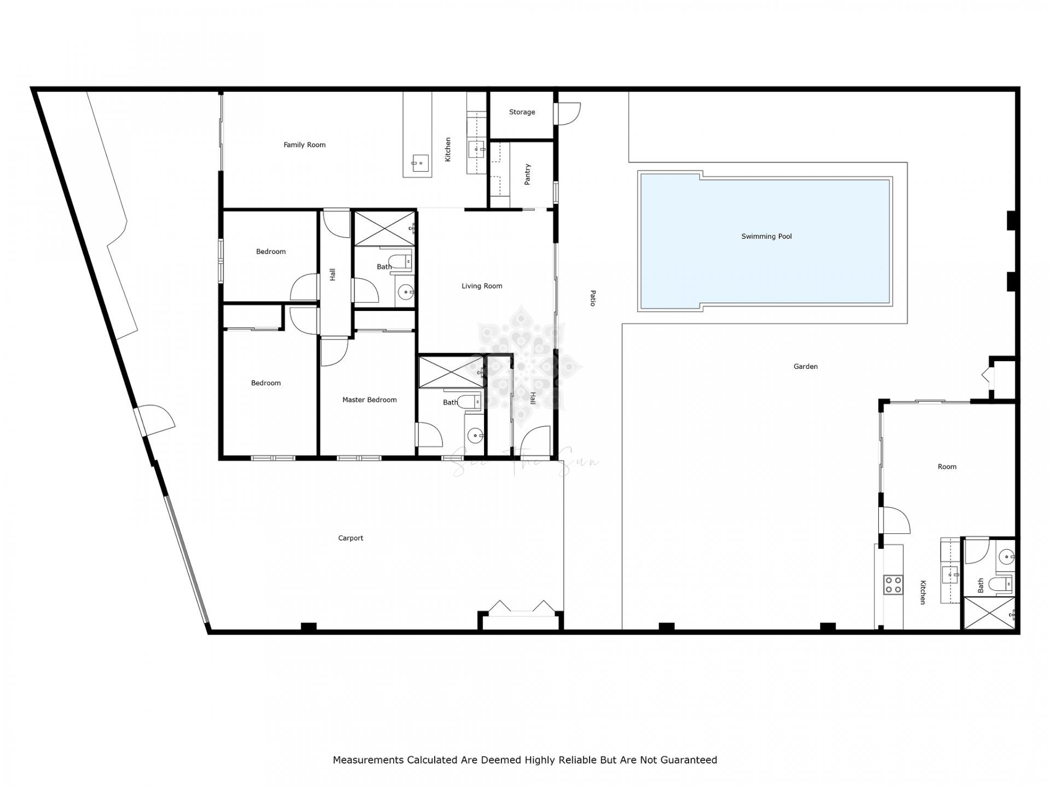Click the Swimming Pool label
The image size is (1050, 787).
tap(766, 237)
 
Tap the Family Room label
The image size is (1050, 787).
tap(305, 145)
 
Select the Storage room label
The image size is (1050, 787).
tap(522, 112)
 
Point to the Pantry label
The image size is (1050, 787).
tap(528, 174)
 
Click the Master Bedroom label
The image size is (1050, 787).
tap(370, 400)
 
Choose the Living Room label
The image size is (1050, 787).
tap(482, 286)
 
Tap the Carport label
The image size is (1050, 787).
tap(351, 538)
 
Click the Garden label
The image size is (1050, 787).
tap(806, 367)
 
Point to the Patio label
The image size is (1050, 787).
tap(593, 298)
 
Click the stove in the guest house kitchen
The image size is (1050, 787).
tap(894, 585)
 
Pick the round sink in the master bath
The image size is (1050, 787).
tap(475, 436)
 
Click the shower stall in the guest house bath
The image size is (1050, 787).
tap(989, 613)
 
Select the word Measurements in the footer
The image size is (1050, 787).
tap(368, 760)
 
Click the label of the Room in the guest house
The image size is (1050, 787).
tap(947, 467)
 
